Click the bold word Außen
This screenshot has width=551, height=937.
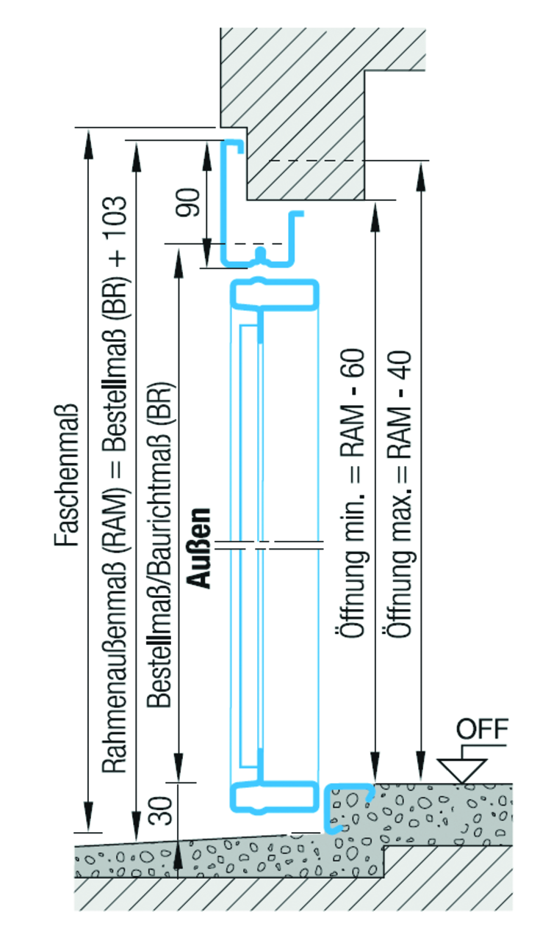coord(198,547)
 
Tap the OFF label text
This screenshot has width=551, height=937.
coord(481,730)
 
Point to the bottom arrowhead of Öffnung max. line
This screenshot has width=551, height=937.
coord(419,767)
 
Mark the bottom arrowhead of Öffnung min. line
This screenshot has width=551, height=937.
coord(375,767)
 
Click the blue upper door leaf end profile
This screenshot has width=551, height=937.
coord(275,294)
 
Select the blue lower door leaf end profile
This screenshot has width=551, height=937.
coord(275,796)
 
